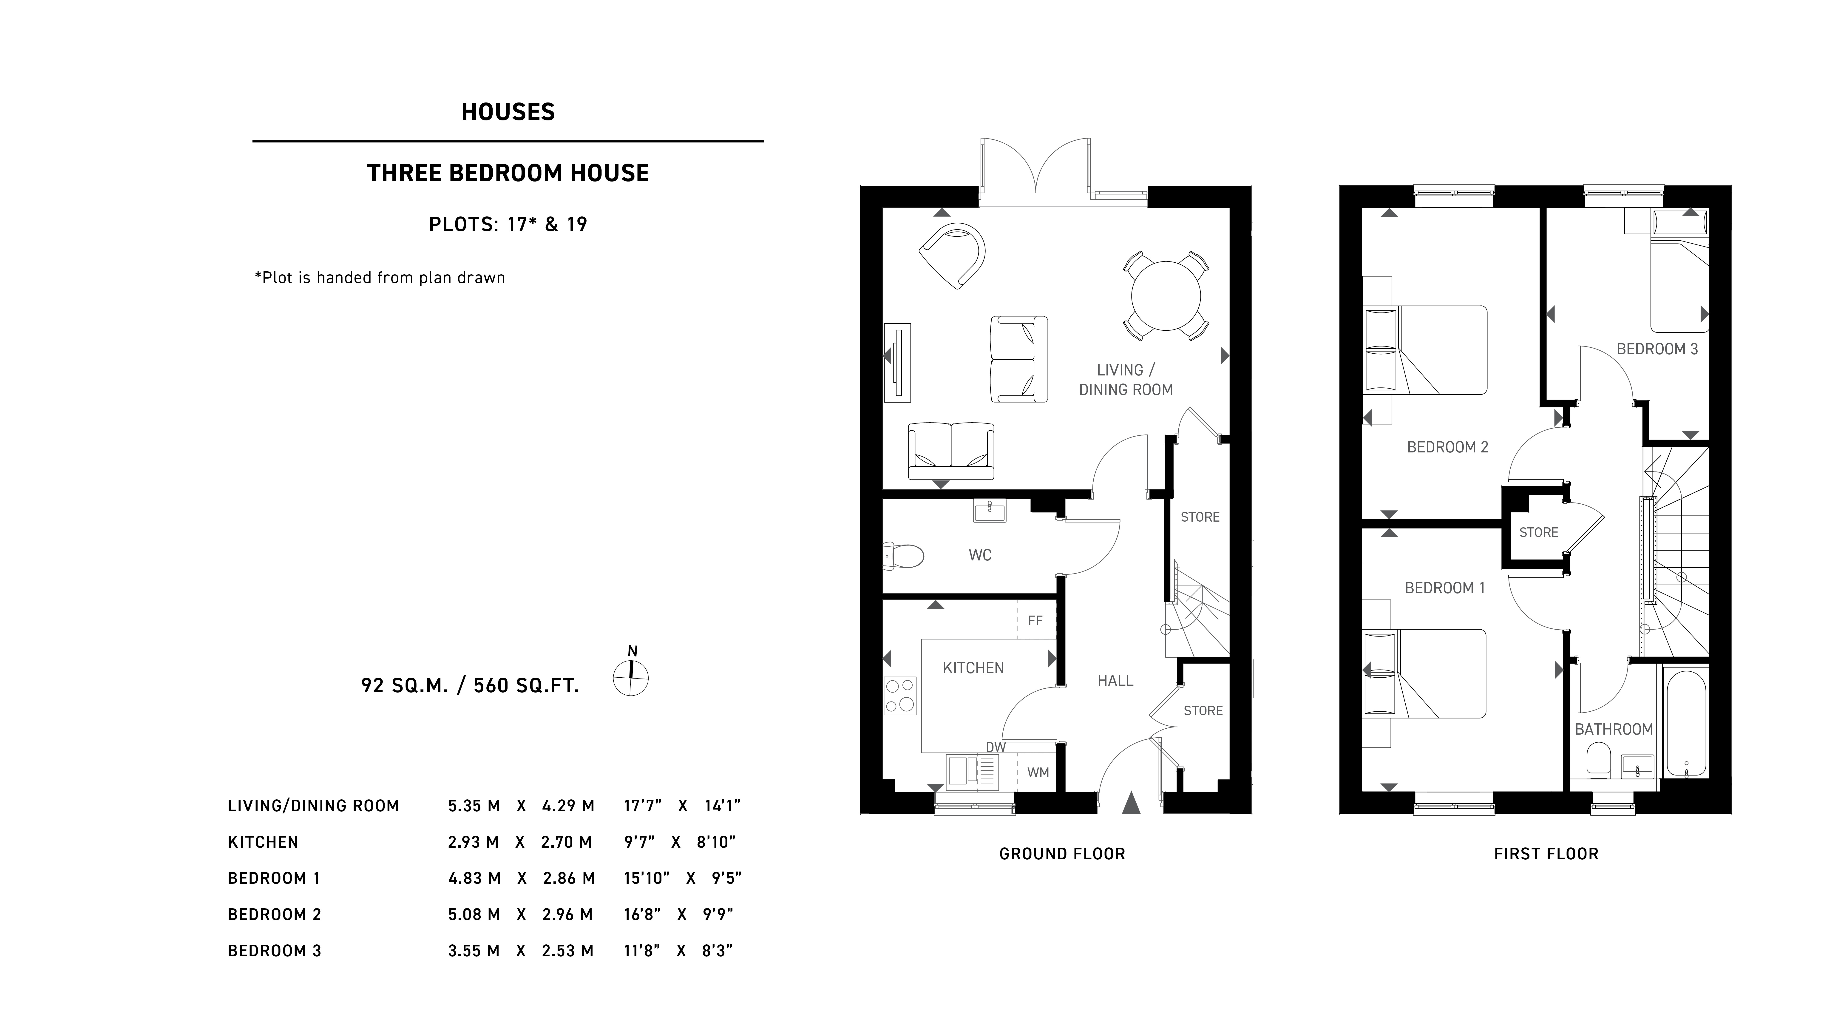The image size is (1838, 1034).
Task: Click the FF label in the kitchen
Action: coord(1035,621)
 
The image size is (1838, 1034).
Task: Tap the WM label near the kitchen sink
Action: coord(1038,772)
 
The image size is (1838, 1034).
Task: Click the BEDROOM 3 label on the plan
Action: coord(1657,349)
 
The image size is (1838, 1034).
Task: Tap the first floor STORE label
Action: coord(1538,532)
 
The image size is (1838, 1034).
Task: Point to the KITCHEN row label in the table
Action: coord(263,842)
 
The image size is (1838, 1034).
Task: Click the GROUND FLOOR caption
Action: coord(1062,853)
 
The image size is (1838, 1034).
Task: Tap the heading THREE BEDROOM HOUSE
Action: coord(508,173)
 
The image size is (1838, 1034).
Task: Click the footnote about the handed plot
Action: coord(380,278)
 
